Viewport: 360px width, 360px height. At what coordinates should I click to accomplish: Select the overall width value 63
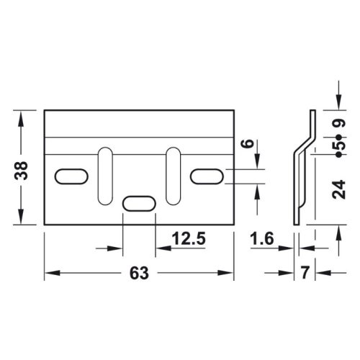(139, 274)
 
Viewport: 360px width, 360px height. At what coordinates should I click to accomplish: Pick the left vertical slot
(104, 176)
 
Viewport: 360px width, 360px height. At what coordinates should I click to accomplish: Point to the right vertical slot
(174, 176)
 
